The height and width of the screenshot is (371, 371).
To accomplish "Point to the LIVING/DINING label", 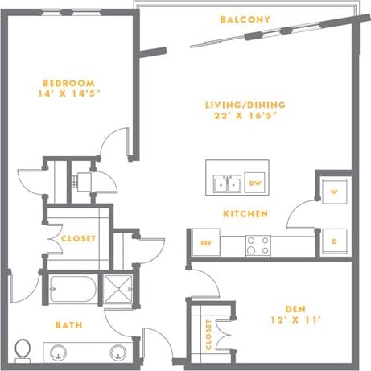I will point(245,105).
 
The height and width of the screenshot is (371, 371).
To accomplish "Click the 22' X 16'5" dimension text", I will point(245,117).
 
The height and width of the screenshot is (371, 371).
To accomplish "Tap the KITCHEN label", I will point(245,214).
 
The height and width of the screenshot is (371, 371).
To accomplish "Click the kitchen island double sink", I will point(226,184).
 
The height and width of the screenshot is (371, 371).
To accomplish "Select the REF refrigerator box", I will point(205,242).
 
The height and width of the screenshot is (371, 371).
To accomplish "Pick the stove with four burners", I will point(258,245).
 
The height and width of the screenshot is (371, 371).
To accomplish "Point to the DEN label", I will point(294,308).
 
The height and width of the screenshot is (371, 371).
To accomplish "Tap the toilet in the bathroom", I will point(23,350).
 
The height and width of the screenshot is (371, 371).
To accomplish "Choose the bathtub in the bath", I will point(71,288).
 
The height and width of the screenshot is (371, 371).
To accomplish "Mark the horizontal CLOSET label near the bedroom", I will point(78,239).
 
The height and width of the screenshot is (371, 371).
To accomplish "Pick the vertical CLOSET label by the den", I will point(208,335).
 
